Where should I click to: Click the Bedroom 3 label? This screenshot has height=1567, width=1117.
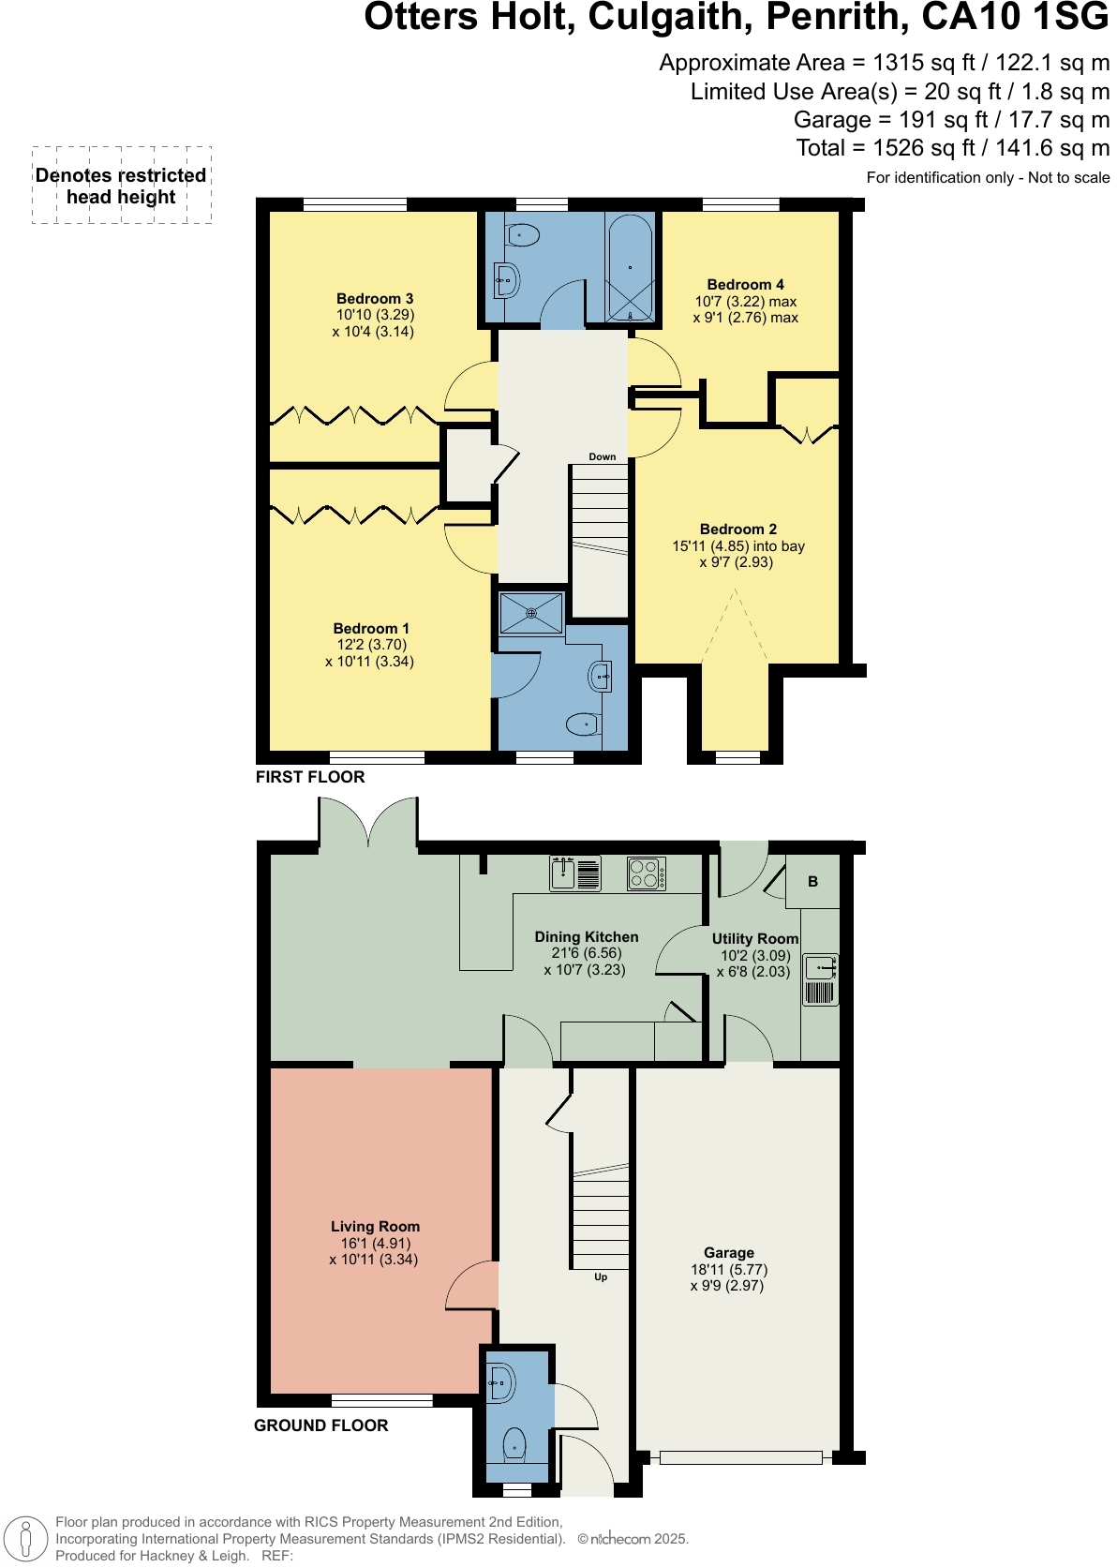point(375,298)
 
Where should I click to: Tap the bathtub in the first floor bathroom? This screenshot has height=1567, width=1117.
point(630,267)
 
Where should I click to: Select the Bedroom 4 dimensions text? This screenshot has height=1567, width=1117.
point(746,310)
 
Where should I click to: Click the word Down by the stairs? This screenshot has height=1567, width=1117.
point(603,457)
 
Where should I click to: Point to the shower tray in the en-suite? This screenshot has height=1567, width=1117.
point(531,613)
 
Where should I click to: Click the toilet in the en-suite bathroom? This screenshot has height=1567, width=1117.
point(582,724)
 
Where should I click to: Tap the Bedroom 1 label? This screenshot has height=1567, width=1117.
point(371,628)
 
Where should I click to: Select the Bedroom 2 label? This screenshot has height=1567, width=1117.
point(738,529)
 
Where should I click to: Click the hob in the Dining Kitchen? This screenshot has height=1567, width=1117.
point(647,873)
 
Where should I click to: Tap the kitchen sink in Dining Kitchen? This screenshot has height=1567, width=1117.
point(574,873)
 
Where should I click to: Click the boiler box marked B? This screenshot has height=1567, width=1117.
point(812,882)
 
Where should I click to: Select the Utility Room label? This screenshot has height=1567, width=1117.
point(755,938)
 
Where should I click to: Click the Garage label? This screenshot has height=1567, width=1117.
point(729,1252)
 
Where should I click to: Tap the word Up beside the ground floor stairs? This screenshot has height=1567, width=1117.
point(601,1276)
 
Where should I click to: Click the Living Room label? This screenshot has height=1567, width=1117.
point(375,1226)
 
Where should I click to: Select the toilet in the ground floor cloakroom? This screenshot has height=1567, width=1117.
point(514,1443)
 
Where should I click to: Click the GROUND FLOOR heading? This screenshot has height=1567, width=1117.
point(320,1425)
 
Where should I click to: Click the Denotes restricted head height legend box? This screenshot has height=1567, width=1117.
point(122,186)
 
